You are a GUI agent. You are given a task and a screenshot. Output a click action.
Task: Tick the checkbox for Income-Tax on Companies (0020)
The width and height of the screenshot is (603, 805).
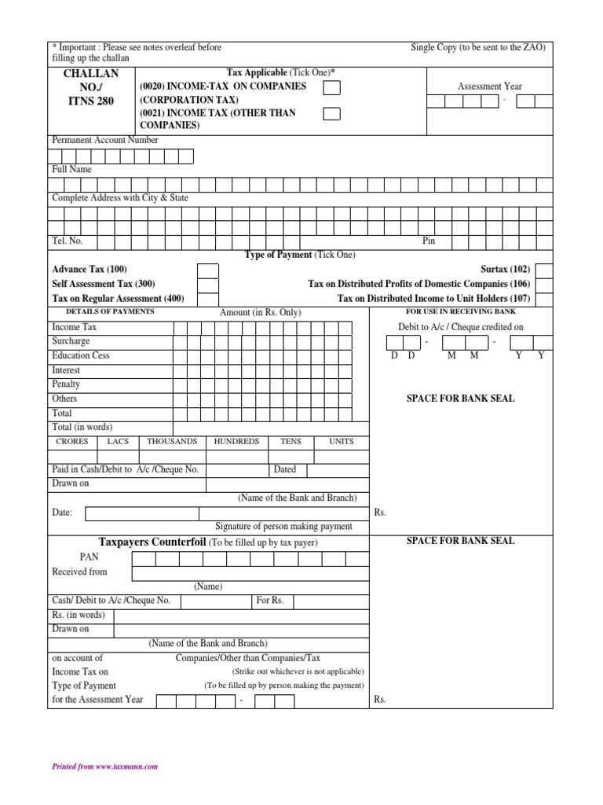click(332, 87)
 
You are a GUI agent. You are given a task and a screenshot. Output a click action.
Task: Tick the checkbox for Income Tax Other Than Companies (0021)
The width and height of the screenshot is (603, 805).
click(332, 114)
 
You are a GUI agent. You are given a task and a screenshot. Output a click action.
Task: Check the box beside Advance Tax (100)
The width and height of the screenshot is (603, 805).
click(208, 270)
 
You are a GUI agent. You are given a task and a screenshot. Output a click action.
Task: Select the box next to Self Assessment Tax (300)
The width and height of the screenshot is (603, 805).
click(208, 285)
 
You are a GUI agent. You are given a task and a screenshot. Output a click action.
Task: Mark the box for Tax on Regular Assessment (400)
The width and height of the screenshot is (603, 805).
click(208, 299)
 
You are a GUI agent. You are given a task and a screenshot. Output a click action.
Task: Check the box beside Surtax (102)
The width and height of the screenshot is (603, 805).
click(543, 270)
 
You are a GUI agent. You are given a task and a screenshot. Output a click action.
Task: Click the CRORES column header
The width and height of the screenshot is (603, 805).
click(72, 442)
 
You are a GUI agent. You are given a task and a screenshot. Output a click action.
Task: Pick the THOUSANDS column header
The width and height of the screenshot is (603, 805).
click(172, 442)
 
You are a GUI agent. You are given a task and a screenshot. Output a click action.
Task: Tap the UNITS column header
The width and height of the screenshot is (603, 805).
click(342, 442)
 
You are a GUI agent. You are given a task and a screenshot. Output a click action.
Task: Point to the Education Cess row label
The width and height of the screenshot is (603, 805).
click(81, 356)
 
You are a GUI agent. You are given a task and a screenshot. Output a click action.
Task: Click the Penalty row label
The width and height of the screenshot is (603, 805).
click(66, 384)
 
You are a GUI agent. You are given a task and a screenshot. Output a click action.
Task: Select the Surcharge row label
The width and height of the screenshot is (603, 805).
click(71, 342)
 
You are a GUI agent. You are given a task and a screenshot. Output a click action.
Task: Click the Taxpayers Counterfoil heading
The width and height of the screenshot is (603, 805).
click(152, 542)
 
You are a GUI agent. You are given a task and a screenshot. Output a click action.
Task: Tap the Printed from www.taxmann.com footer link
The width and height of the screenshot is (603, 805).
click(105, 766)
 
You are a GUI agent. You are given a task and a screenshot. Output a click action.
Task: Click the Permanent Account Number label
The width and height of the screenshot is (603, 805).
click(105, 140)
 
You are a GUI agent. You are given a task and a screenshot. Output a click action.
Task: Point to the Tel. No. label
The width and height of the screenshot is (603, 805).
click(67, 241)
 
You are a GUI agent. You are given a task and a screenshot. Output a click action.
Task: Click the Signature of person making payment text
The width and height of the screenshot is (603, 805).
click(283, 526)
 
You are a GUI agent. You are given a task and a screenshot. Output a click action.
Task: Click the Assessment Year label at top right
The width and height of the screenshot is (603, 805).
click(489, 86)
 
